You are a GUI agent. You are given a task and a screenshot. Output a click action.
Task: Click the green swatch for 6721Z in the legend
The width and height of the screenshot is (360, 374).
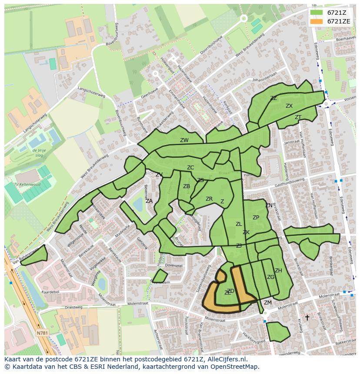tap(317, 13)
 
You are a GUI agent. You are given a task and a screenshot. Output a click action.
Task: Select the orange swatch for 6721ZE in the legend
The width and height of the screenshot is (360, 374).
tap(317, 21)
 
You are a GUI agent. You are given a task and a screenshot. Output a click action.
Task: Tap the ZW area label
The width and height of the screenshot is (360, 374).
tap(184, 140)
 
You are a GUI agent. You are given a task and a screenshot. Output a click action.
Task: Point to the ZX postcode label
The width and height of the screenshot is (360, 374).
tap(289, 106)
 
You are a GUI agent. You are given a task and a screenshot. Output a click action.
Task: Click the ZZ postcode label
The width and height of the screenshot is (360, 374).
tap(273, 98)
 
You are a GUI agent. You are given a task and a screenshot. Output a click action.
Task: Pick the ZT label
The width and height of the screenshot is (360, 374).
tap(298, 117)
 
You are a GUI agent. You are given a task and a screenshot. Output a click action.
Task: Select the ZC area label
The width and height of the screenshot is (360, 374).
tap(190, 168)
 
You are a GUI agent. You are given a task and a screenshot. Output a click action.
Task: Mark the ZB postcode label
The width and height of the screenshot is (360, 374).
tap(187, 186)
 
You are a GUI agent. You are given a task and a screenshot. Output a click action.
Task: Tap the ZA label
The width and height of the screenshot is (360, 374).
tap(149, 201)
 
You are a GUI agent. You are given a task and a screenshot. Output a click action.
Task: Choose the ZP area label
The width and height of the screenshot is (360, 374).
tap(256, 218)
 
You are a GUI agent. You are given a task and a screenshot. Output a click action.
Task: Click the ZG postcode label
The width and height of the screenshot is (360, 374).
tap(270, 277)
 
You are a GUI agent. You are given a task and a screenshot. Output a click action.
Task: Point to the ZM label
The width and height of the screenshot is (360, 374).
tap(268, 303)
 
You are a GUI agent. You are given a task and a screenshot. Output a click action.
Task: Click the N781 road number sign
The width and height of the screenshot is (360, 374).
tap(42, 333)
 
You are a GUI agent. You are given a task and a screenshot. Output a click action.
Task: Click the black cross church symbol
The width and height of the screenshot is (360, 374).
tap(307, 318)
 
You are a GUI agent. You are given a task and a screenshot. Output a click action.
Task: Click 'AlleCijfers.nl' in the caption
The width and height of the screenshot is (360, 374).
tap(227, 359)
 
